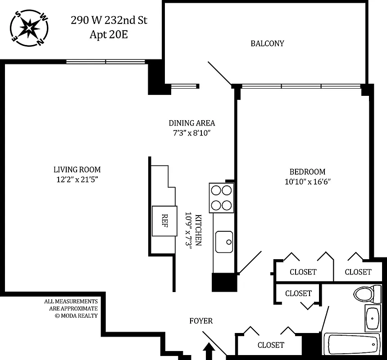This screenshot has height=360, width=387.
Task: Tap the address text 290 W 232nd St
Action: click(109, 20)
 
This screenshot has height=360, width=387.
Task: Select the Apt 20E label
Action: click(109, 35)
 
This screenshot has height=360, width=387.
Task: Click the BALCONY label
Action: click(267, 44)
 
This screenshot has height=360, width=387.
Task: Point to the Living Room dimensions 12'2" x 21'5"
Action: click(77, 180)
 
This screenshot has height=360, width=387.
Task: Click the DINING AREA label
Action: click(191, 123)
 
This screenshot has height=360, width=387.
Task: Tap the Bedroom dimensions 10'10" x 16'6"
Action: click(307, 182)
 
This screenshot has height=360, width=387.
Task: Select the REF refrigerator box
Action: click(164, 220)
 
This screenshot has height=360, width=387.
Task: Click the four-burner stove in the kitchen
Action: click(221, 198)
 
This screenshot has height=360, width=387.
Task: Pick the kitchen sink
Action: click(224, 241)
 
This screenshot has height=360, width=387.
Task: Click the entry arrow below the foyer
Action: click(208, 351)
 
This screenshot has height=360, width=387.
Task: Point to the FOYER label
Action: click(201, 321)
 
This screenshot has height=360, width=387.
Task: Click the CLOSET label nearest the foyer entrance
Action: click(271, 345)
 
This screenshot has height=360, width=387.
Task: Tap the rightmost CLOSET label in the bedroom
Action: click(358, 272)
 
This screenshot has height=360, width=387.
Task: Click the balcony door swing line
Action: click(219, 73)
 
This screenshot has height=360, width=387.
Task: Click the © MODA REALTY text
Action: click(76, 315)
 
